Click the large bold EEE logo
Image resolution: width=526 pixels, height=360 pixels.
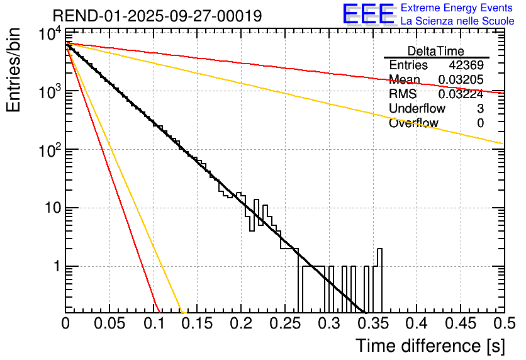[x=368, y=14]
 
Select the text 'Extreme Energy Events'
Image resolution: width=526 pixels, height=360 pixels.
[x=457, y=8]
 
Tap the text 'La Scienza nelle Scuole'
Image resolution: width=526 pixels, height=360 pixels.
[x=457, y=21]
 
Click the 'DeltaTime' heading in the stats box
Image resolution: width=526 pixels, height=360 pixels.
[x=436, y=50]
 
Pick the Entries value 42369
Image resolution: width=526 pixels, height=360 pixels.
[x=466, y=65]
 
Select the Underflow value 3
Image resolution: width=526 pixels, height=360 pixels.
[x=480, y=108]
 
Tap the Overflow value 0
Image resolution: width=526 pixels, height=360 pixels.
[x=480, y=123]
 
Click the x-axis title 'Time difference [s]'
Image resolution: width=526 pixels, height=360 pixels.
[x=429, y=346]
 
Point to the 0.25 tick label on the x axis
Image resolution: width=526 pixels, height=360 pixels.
[x=240, y=323]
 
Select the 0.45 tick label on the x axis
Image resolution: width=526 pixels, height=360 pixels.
[x=415, y=323]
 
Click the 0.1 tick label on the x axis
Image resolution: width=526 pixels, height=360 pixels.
[x=152, y=323]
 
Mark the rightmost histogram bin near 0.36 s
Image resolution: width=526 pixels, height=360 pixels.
[x=379, y=277]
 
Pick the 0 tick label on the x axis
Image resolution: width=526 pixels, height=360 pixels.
[x=65, y=323]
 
